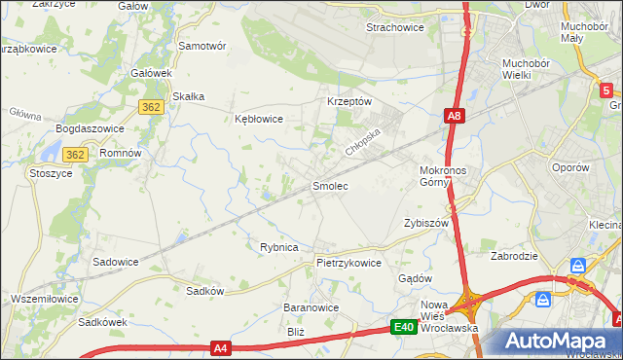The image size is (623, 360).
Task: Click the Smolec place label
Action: pyautogui.click(x=329, y=185)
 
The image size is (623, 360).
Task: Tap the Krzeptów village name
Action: pyautogui.click(x=349, y=101)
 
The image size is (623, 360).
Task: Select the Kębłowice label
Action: pyautogui.click(x=259, y=119)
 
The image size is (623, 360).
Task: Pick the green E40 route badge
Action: pyautogui.click(x=405, y=328)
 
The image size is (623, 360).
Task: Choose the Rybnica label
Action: pyautogui.click(x=278, y=247)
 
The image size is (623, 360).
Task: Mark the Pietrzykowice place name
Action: pyautogui.click(x=348, y=263)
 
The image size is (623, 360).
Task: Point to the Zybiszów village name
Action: pyautogui.click(x=425, y=223)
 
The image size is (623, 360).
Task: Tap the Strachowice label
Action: pyautogui.click(x=394, y=27)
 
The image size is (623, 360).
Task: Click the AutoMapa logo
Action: pyautogui.click(x=562, y=341)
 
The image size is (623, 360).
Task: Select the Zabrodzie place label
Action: pyautogui.click(x=515, y=257)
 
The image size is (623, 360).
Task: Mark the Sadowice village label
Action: pyautogui.click(x=115, y=262)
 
